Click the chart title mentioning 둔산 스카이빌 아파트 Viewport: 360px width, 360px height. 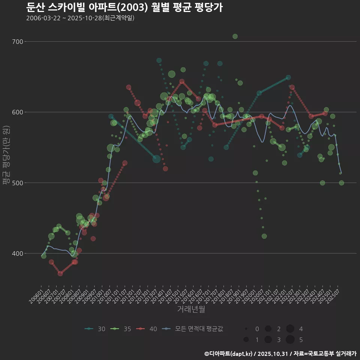[x=124, y=7]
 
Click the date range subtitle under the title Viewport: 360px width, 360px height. [x=80, y=18]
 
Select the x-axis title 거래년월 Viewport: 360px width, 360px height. [x=191, y=310]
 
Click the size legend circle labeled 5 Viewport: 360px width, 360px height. [x=290, y=340]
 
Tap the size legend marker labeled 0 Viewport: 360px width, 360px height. [x=246, y=329]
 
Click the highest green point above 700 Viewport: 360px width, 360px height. [x=235, y=36]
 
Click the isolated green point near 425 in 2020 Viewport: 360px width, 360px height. [x=264, y=236]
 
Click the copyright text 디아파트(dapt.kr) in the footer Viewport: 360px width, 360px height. [x=229, y=354]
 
